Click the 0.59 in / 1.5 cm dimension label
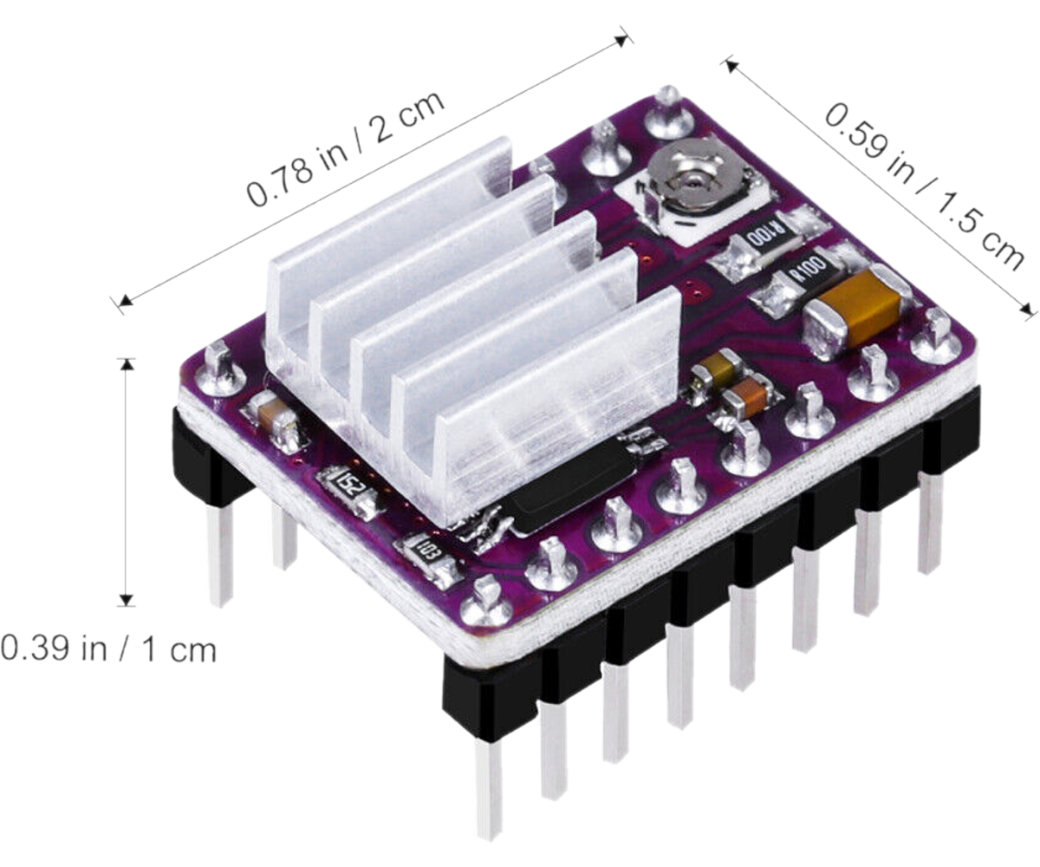click(x=925, y=186)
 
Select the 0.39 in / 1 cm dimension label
click(x=108, y=649)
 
